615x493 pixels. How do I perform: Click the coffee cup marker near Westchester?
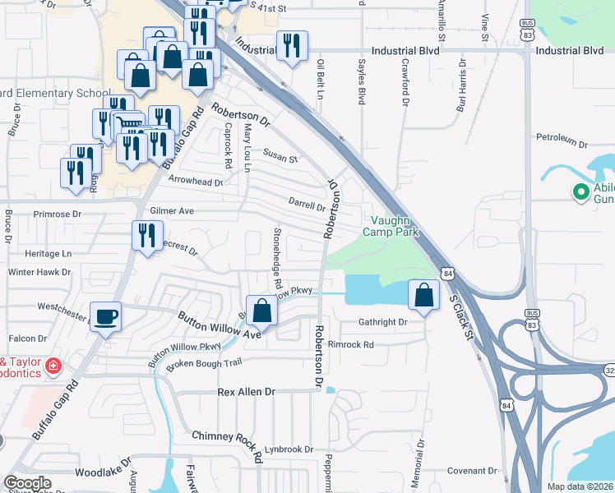(105, 316)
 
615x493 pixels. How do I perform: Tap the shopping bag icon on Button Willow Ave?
(261, 311)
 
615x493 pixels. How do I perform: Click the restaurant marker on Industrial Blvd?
(291, 45)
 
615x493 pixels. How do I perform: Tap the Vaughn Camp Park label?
(395, 226)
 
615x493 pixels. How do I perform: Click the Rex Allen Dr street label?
(246, 393)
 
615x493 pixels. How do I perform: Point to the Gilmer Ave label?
(171, 211)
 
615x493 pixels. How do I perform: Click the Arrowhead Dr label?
(196, 182)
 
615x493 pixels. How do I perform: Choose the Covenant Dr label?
(473, 471)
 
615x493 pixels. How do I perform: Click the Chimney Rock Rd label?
(226, 435)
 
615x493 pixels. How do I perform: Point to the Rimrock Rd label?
(350, 344)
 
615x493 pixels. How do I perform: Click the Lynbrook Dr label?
(289, 449)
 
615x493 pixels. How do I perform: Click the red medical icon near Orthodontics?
(53, 364)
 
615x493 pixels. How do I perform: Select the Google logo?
(28, 483)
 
